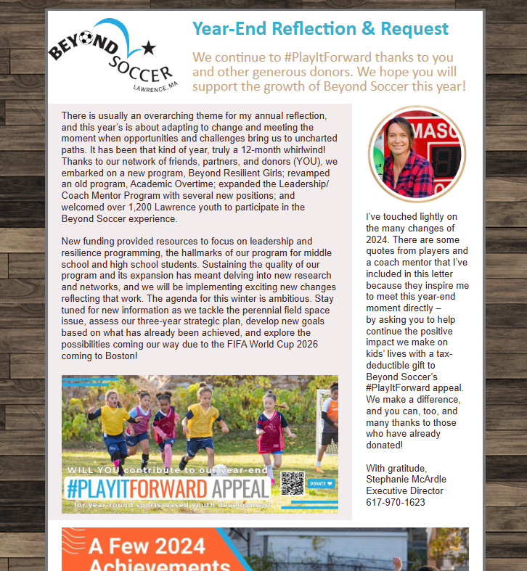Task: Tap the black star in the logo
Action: click(149, 48)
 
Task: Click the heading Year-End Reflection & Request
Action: click(320, 28)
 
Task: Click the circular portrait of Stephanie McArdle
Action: click(417, 153)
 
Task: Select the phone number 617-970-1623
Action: click(396, 502)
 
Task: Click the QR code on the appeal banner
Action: click(292, 482)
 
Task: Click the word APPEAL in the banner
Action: click(231, 487)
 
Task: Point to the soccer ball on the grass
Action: click(218, 471)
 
